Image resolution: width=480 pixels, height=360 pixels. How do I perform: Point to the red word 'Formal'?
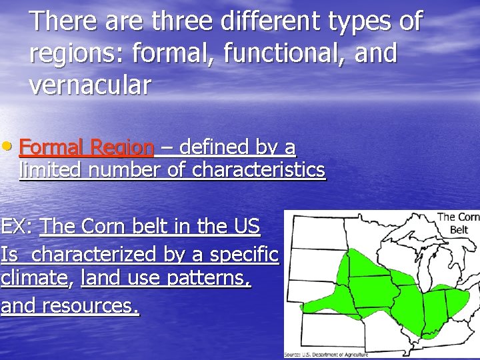[x=52, y=147]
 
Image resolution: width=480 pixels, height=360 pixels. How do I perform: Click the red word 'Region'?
[x=122, y=147]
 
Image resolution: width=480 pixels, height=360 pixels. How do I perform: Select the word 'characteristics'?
[x=259, y=171]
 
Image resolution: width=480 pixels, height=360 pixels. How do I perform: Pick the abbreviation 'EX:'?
[x=18, y=227]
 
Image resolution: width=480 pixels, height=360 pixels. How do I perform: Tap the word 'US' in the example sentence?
[x=247, y=227]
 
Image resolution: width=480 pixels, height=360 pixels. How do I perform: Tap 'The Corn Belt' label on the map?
[x=458, y=223]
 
